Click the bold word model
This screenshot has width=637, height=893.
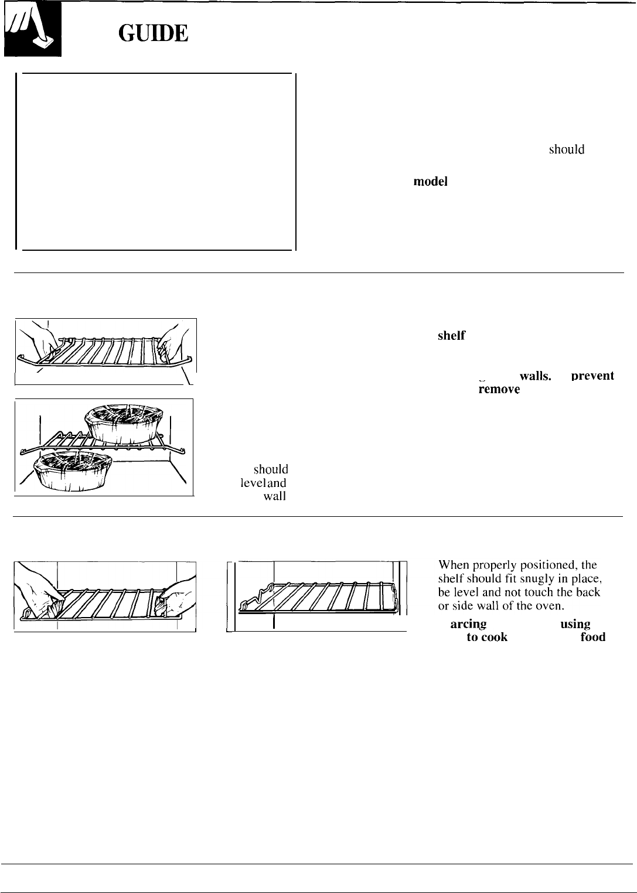click(x=431, y=182)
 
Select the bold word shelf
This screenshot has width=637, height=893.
click(x=451, y=336)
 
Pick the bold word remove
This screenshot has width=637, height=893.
click(x=499, y=389)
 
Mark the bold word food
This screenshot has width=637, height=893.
click(x=592, y=638)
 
